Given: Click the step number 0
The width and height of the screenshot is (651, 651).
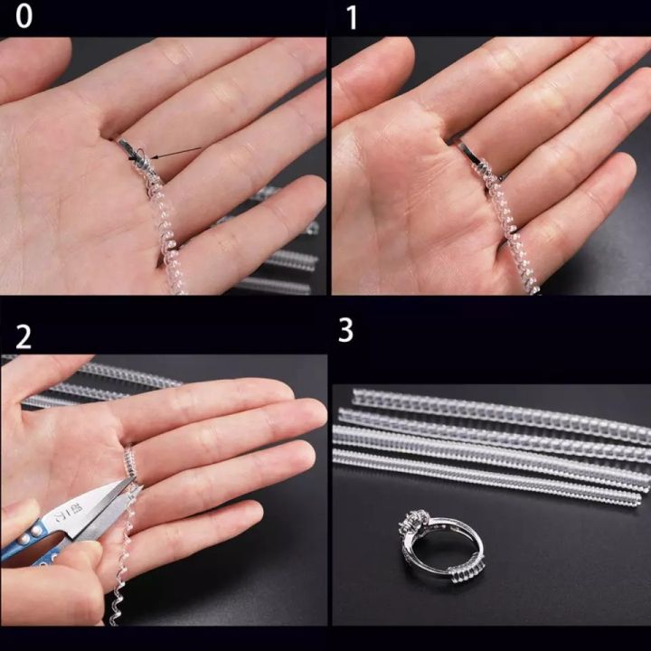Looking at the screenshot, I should [x=24, y=18].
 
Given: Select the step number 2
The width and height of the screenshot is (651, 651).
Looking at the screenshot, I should [x=24, y=336].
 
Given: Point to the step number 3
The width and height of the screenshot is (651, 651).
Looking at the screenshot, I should [x=345, y=331].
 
